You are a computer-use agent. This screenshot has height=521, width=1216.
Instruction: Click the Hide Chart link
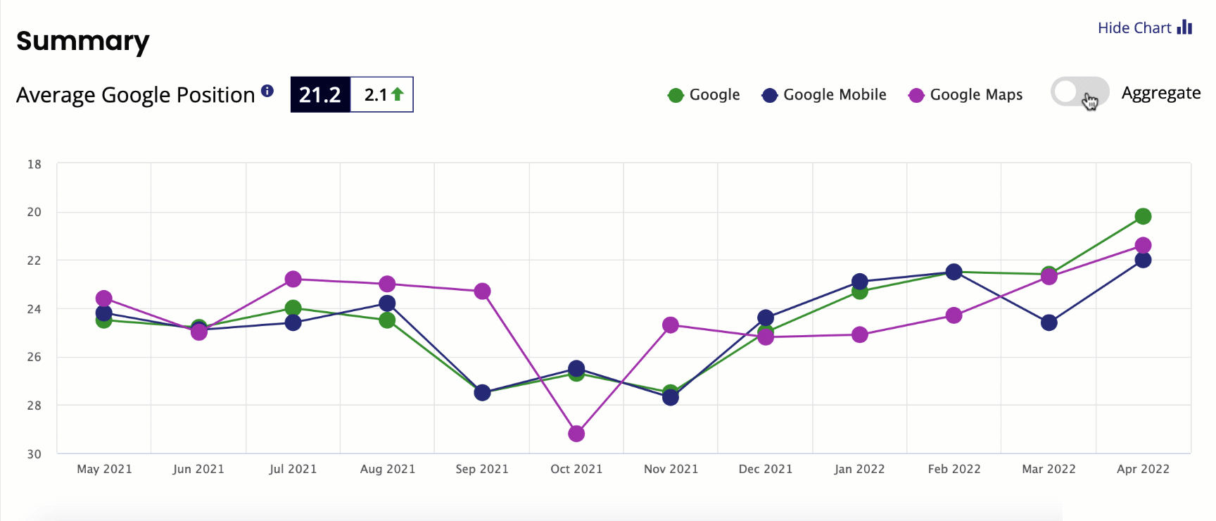click(x=1144, y=27)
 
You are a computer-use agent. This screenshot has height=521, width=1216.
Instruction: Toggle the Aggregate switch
click(x=1079, y=92)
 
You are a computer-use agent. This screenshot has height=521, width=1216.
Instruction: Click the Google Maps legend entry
click(x=965, y=95)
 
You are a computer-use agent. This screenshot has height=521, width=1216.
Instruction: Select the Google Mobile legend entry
click(x=824, y=95)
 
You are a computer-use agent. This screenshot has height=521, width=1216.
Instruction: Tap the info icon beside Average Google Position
click(x=267, y=90)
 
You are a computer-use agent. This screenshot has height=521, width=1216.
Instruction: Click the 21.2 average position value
click(x=320, y=94)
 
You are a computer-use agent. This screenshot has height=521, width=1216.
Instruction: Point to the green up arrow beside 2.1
click(x=398, y=94)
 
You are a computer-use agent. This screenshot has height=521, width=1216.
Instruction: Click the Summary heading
click(x=83, y=41)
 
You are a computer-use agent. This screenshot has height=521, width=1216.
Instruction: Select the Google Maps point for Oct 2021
click(x=576, y=434)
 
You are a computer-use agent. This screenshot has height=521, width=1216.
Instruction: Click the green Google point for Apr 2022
click(x=1143, y=216)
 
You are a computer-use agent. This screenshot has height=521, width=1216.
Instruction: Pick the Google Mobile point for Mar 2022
click(x=1049, y=322)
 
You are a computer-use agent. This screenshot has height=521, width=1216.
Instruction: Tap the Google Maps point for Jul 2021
click(x=293, y=280)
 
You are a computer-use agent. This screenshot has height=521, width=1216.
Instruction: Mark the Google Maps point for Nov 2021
click(x=671, y=325)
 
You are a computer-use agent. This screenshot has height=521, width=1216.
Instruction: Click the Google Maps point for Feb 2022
click(x=954, y=315)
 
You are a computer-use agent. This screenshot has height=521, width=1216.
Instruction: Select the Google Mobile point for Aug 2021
click(x=387, y=303)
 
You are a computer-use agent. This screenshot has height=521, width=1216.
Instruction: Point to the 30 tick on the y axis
click(x=34, y=454)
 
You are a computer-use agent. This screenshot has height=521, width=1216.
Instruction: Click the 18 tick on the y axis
click(x=34, y=164)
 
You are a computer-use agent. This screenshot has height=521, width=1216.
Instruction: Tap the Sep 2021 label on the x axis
click(x=482, y=469)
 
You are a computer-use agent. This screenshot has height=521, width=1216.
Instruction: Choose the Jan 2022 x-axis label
click(x=859, y=469)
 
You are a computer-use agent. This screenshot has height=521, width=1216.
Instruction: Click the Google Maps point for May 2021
click(x=104, y=299)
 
